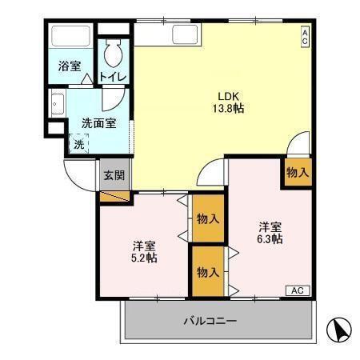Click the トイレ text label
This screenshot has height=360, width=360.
click(111, 77)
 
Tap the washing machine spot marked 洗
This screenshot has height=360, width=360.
click(78, 144)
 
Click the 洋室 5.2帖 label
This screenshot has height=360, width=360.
click(145, 250)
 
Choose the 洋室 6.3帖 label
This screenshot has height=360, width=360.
click(270, 232)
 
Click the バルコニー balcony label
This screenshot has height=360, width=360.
click(210, 322)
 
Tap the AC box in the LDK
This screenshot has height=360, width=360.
click(305, 35)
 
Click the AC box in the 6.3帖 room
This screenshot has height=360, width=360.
click(296, 290)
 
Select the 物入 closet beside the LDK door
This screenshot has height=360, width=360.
click(297, 171)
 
